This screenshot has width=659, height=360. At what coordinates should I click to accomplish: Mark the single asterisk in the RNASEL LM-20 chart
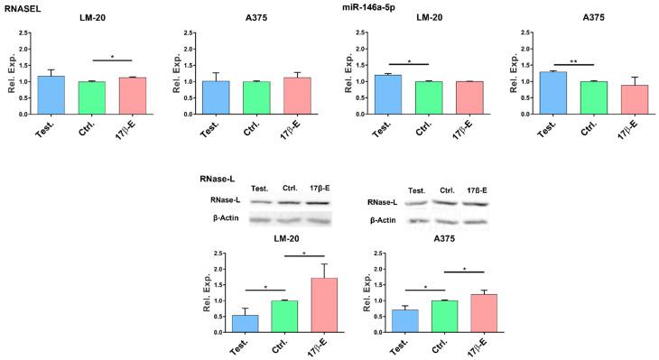(x=111, y=57)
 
